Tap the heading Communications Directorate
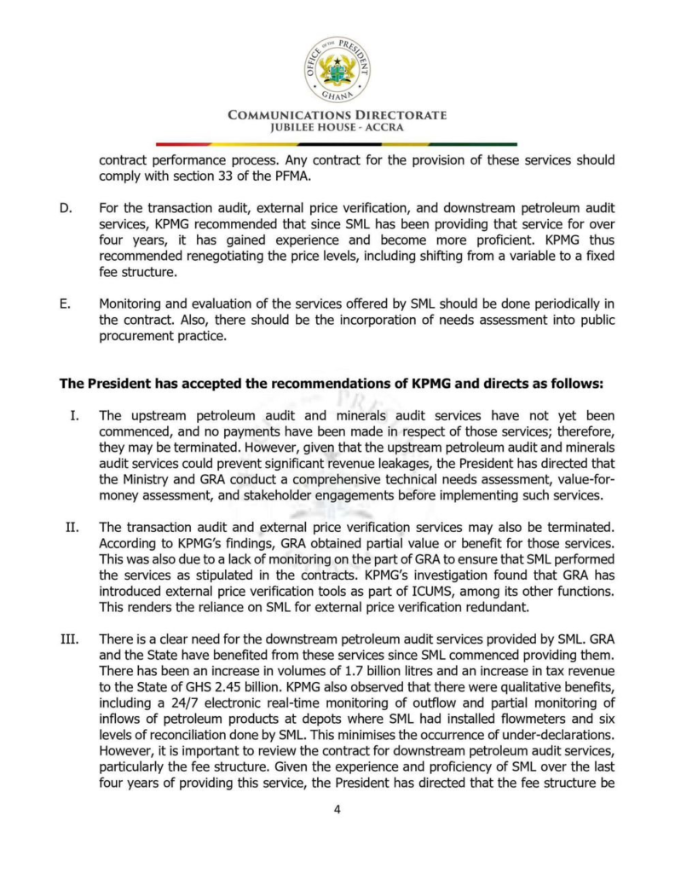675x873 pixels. [x=337, y=115]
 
